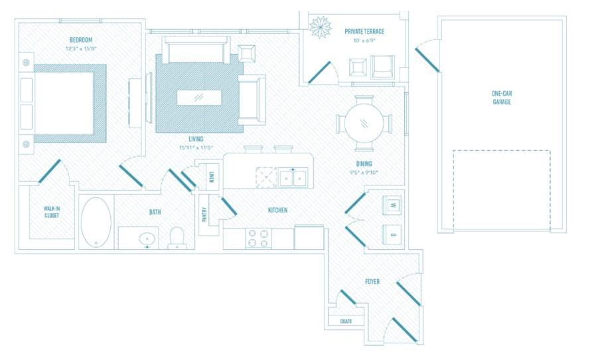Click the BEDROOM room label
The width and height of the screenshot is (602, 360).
click(x=80, y=40)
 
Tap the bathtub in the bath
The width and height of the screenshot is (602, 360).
click(x=96, y=222)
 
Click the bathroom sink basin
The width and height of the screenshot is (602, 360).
click(x=147, y=238)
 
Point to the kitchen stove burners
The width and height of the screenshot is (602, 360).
click(x=259, y=238)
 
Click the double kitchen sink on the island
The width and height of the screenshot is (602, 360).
click(x=293, y=177)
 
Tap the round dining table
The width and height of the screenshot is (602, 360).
click(x=364, y=124)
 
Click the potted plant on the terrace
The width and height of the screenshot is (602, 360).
click(x=322, y=27)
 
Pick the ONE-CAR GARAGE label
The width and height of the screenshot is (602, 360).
click(x=501, y=98)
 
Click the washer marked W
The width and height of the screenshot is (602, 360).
click(x=392, y=206)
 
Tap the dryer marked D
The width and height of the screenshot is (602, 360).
click(x=392, y=234)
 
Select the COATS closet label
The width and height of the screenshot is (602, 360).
click(x=346, y=321)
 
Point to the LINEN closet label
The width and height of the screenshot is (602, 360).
click(x=210, y=177)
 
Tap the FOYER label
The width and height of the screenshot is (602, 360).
click(x=372, y=282)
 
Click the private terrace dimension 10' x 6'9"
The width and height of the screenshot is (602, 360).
click(x=364, y=41)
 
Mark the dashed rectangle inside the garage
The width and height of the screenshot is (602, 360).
click(x=501, y=191)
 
